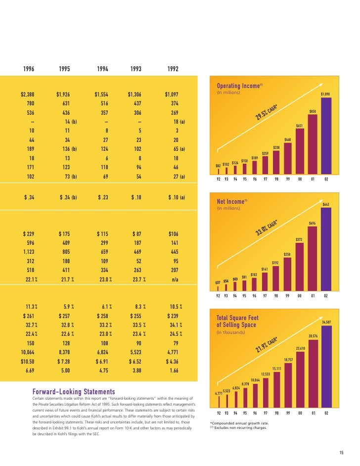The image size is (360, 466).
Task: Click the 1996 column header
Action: click(29, 69)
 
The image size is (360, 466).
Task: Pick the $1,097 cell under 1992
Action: click(175, 94)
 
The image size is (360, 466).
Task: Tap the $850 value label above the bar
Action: click(313, 112)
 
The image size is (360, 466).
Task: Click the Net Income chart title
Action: click(231, 201)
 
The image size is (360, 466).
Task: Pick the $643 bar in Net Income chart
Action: click(326, 250)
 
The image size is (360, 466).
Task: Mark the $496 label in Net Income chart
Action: click(313, 223)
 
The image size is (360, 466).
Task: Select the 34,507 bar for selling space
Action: click(326, 366)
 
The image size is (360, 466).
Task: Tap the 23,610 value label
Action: click(301, 348)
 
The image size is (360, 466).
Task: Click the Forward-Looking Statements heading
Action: click(74, 392)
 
